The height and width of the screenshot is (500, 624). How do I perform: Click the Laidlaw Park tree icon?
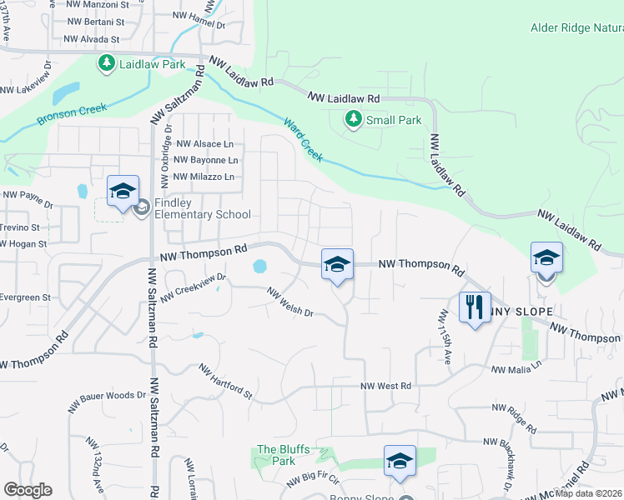[107, 63]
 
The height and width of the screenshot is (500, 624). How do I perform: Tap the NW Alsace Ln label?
[204, 143]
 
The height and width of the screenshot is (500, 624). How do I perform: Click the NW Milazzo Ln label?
[204, 177]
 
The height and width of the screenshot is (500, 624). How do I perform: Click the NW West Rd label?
[386, 386]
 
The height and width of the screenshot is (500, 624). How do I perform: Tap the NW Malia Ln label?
[516, 367]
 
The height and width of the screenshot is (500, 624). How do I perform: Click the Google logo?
[28, 489]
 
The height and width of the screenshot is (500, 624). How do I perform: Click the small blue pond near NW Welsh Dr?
[259, 267]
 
